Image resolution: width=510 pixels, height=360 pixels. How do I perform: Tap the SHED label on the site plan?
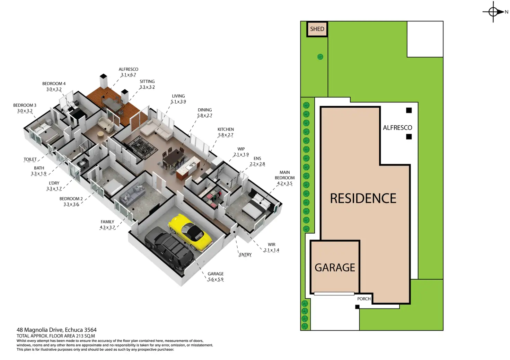pos(317,29)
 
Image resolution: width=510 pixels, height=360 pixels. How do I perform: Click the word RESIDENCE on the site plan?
pos(363,199)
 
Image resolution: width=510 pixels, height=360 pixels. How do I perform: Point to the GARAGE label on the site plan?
pos(335,268)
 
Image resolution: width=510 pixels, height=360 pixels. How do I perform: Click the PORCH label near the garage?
pos(364,299)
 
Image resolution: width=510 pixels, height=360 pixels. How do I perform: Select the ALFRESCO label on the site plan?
pos(397,128)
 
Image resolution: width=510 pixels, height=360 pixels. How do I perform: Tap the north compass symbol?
pos(493,12)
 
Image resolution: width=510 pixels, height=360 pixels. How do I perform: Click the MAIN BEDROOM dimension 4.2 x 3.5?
pos(284,183)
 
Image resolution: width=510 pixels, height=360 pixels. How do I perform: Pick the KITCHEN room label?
pos(226,129)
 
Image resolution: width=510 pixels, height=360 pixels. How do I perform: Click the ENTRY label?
pos(245,255)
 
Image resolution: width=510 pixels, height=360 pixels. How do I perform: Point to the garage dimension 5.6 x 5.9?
pos(216,279)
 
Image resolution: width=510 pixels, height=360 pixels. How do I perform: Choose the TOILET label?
pos(30,160)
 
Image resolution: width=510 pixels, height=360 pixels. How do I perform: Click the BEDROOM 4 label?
pos(54,84)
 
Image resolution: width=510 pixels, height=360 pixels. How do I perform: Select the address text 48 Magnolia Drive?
pos(56,330)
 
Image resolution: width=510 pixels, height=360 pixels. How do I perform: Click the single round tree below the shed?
pos(320,57)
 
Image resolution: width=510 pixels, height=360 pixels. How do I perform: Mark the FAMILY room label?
pos(107,222)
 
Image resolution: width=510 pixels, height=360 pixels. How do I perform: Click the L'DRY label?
pos(54,183)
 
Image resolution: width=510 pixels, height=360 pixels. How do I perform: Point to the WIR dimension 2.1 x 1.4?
pos(271,250)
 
